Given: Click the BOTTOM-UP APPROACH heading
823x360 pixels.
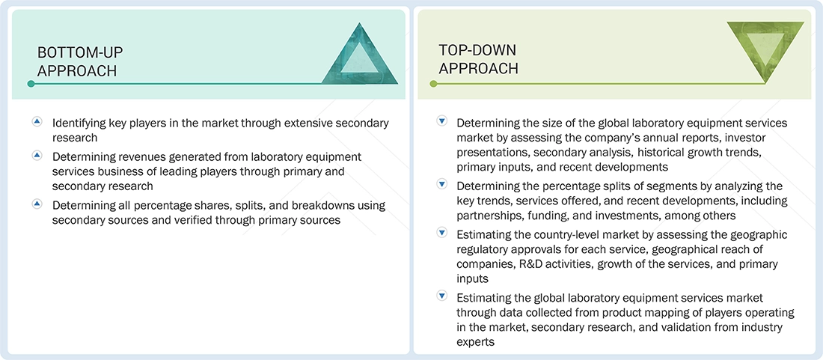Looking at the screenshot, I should point(80,61).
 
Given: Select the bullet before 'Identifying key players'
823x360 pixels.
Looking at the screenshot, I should point(37,122).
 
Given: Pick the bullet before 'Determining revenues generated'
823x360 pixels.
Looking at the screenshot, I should point(37,156).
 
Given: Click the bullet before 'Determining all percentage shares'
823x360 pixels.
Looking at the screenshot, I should point(37,204).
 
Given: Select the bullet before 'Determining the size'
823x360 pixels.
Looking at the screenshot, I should point(441,122).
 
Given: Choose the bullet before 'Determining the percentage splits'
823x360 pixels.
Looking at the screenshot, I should point(441,185).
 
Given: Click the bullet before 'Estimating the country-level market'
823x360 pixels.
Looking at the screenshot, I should point(441,234).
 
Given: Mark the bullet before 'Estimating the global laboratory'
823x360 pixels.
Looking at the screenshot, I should point(441,297).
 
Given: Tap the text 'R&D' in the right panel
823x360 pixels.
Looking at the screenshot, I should point(527,264).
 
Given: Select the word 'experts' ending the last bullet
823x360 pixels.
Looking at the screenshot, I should point(476,342).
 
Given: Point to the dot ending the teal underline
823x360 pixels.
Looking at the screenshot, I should point(31,84).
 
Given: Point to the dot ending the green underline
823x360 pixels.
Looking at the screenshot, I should point(433,84).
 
